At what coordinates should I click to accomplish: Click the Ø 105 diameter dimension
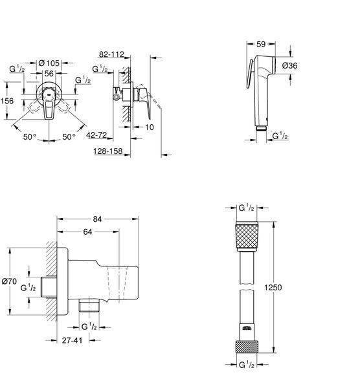tap(49, 63)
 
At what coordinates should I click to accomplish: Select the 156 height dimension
tap(7, 101)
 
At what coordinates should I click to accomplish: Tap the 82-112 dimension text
tap(111, 54)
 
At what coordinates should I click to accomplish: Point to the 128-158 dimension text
tap(108, 151)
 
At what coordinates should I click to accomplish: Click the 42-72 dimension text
tap(96, 135)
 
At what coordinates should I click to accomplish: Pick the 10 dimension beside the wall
tap(150, 127)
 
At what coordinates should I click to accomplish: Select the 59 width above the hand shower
tap(261, 44)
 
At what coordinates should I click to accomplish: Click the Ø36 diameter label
tap(289, 65)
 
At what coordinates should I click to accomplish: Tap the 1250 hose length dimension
tap(273, 287)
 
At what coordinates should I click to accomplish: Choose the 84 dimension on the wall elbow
tap(97, 219)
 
